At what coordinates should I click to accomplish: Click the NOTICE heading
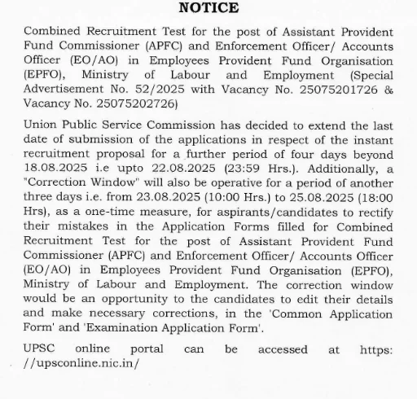click(x=208, y=10)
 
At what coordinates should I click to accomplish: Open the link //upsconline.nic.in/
click(x=82, y=363)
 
